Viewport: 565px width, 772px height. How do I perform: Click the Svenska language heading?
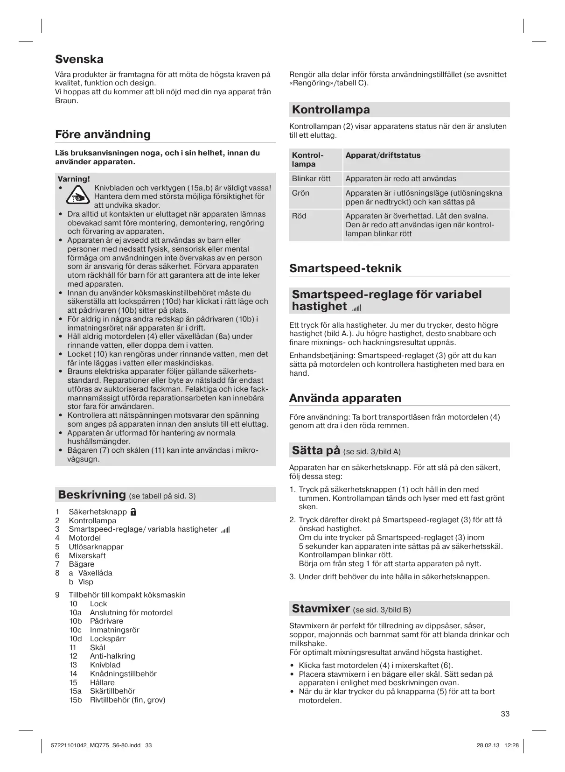(79, 59)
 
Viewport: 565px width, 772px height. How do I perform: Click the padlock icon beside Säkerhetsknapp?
(133, 512)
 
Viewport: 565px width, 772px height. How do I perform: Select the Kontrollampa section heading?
(331, 110)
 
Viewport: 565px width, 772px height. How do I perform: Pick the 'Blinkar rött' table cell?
(311, 179)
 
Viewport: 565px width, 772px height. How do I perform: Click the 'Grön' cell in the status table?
(300, 193)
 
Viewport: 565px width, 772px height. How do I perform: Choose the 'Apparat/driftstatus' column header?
(383, 155)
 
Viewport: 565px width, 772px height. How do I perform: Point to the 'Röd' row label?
(299, 216)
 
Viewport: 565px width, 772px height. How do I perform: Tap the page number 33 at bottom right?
(505, 714)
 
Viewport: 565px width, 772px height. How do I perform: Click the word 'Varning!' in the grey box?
(74, 179)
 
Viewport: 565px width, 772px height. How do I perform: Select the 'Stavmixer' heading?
(321, 609)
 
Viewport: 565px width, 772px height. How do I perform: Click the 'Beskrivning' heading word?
(91, 495)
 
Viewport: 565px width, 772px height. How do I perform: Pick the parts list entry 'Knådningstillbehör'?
(123, 674)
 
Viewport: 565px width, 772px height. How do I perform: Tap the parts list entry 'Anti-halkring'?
(112, 656)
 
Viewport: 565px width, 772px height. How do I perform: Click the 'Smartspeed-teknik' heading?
(345, 268)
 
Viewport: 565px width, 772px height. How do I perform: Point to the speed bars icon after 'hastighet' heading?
(357, 308)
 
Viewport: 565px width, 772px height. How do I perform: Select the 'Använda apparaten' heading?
(345, 398)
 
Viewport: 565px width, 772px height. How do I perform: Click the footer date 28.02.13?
(488, 745)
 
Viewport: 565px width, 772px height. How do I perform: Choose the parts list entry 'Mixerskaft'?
(87, 555)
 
